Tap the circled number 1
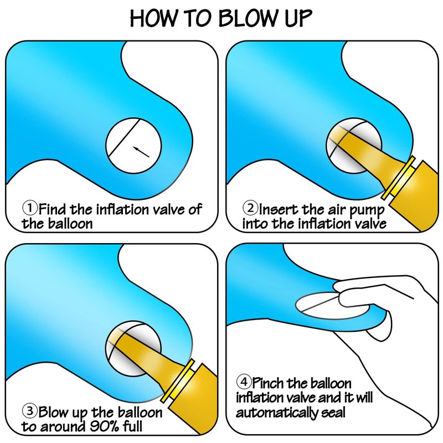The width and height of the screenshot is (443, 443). pyautogui.click(x=30, y=208)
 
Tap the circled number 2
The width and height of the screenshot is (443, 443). pyautogui.click(x=250, y=208)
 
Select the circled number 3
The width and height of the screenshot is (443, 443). pyautogui.click(x=30, y=411)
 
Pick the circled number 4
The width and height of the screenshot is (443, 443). pyautogui.click(x=244, y=382)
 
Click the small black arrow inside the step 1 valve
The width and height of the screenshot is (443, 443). pyautogui.click(x=141, y=152)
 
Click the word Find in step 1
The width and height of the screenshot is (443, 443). pyautogui.click(x=53, y=209)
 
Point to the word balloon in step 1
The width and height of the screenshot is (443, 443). pyautogui.click(x=70, y=224)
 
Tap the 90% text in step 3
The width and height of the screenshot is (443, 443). pyautogui.click(x=104, y=426)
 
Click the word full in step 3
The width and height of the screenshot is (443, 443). pyautogui.click(x=132, y=426)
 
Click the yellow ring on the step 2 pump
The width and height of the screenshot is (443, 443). pyautogui.click(x=398, y=178)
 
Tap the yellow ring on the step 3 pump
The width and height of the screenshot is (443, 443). pyautogui.click(x=178, y=380)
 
